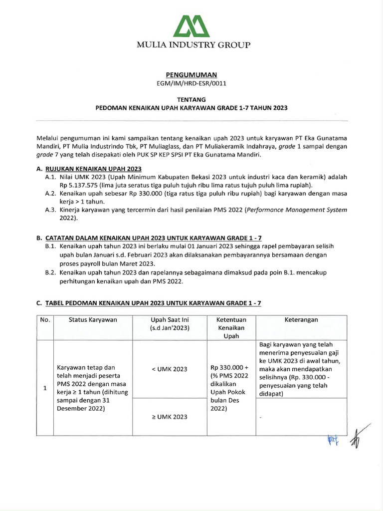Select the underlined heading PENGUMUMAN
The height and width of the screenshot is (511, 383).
[192, 75]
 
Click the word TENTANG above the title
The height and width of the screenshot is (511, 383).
[192, 100]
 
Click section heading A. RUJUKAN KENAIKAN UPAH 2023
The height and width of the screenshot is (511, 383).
[90, 169]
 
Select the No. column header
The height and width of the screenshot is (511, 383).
[45, 320]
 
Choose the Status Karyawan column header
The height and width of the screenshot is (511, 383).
[93, 320]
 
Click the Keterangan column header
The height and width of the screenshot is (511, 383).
[301, 320]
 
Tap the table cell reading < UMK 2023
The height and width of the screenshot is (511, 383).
[169, 369]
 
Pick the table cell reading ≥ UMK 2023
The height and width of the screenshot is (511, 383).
[169, 417]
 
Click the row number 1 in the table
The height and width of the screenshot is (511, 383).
[45, 388]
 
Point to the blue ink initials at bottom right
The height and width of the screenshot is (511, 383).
[333, 440]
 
